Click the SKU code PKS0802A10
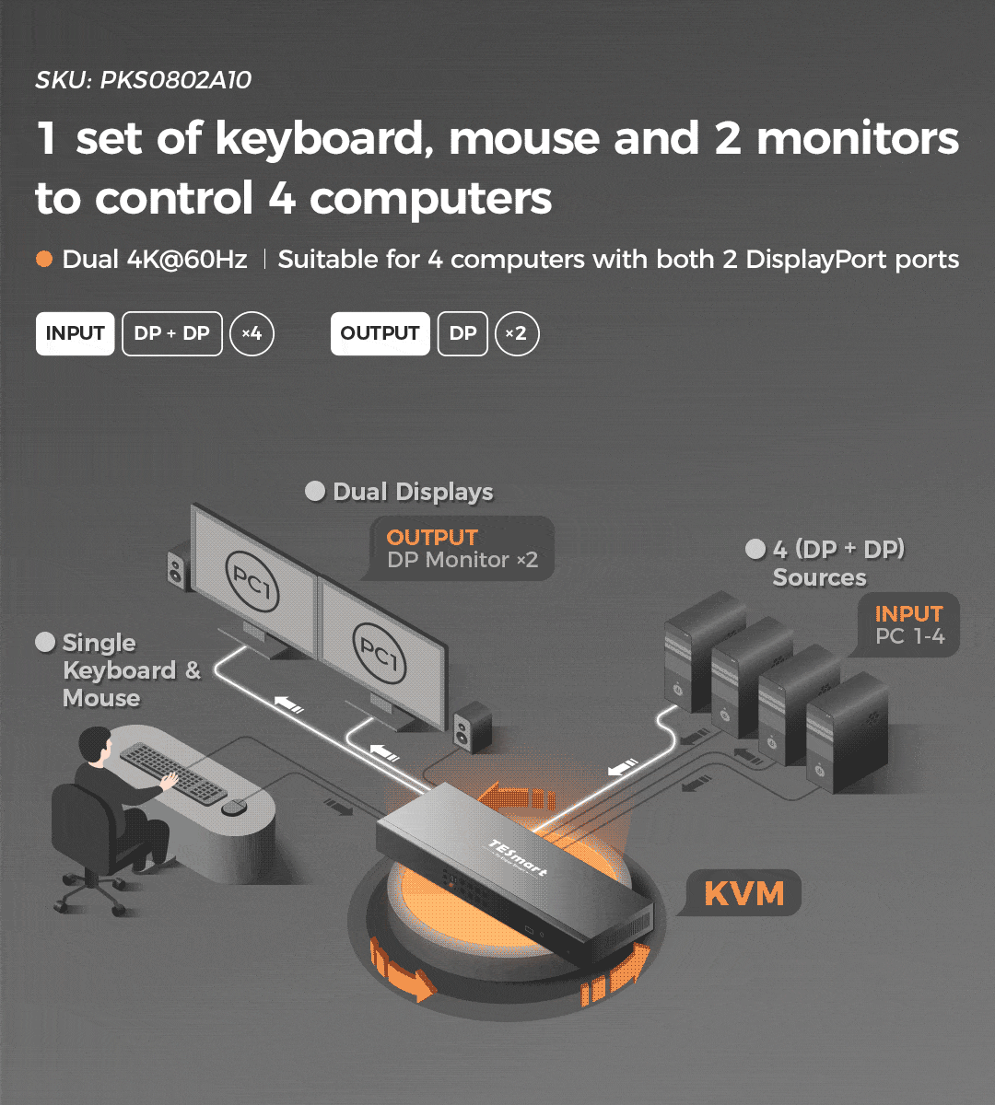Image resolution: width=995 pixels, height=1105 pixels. pos(175,80)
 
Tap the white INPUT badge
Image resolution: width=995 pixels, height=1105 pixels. pos(75,333)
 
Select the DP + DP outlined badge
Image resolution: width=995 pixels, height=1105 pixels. pos(172,333)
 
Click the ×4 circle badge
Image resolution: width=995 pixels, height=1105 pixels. pos(252,333)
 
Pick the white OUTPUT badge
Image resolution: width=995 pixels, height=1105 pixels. pos(380,333)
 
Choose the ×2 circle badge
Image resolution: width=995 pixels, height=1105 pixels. pos(517,333)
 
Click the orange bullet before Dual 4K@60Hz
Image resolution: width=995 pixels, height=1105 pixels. pos(44,259)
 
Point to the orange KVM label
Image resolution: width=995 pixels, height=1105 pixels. pos(744,893)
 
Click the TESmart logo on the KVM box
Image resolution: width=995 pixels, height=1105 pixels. pos(518,857)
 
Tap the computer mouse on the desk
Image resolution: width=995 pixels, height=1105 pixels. pos(234,807)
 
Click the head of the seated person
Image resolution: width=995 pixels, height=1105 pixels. pos(96,746)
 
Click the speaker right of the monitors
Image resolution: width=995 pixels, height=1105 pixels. pos(472,727)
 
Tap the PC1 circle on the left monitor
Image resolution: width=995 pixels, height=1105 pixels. pos(252,581)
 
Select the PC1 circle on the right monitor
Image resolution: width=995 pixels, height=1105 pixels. pos(379,653)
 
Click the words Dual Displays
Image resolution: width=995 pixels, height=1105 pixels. pos(413,492)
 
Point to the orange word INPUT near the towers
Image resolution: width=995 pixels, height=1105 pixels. pos(909,613)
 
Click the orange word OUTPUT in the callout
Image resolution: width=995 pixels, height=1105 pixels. pos(432,537)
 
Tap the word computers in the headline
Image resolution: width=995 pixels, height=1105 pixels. pos(430,198)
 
